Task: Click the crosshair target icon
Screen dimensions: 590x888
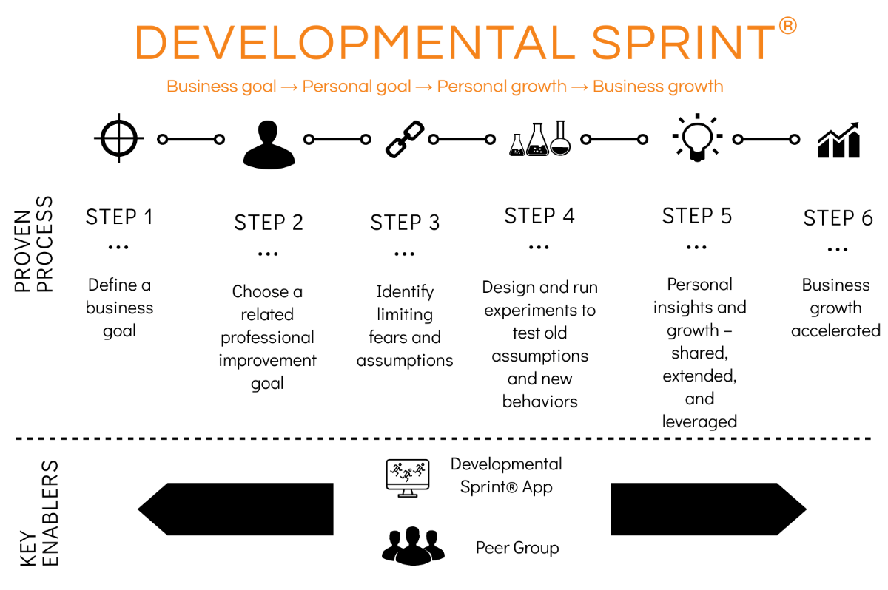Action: (119, 138)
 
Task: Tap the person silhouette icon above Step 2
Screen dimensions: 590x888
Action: (269, 143)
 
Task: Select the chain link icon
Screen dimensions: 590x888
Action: (405, 139)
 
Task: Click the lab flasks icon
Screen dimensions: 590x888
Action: (540, 138)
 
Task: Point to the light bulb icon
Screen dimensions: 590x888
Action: (696, 138)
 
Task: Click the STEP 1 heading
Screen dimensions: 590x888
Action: (119, 217)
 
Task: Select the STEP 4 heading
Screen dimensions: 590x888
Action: (539, 216)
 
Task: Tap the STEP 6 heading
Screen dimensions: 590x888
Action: (838, 218)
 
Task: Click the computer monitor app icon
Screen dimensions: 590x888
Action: (407, 477)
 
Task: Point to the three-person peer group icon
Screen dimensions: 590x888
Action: (413, 545)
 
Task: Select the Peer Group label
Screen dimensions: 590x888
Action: (517, 548)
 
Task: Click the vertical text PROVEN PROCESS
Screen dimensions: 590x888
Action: (35, 244)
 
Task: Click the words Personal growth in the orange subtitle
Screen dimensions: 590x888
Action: (501, 86)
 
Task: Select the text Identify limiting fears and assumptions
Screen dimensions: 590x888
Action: (405, 325)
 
